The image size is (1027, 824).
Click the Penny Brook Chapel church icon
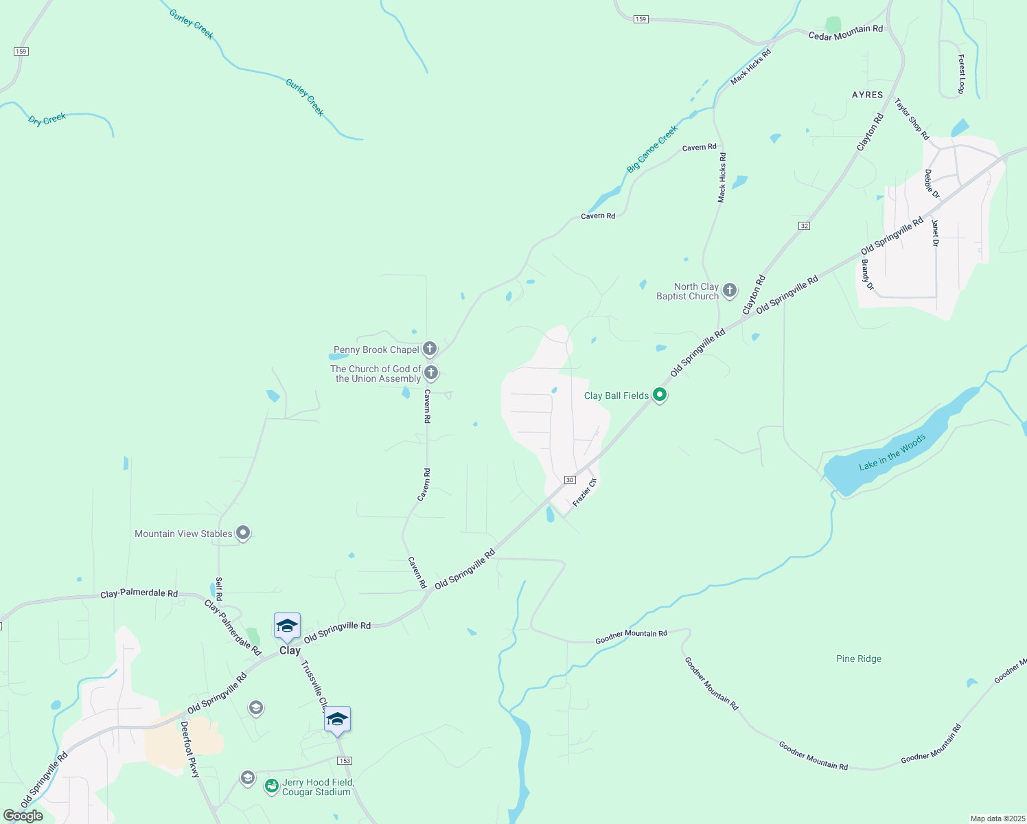coord(430,349)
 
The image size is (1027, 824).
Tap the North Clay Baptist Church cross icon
coord(729,290)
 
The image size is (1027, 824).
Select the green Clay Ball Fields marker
coord(660,395)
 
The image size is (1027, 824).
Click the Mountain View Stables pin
coord(242,533)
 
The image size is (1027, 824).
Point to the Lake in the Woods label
coord(892,452)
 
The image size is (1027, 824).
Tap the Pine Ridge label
coord(858,659)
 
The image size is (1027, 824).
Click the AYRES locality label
coord(867,95)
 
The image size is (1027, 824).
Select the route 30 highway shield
coord(570,479)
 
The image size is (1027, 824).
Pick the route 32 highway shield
coord(804,225)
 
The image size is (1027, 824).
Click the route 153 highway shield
coord(345,760)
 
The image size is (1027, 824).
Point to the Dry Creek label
coord(47,119)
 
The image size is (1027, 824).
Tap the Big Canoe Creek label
coord(651,148)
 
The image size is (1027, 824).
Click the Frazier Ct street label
coord(585,492)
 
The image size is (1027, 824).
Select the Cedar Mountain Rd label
coord(845,32)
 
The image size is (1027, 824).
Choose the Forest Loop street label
coord(961,74)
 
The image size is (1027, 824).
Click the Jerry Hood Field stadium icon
coord(272,785)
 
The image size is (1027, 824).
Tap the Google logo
coord(23,816)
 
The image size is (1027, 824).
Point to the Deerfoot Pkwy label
coord(189,749)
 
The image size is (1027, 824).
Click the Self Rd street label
coord(218,588)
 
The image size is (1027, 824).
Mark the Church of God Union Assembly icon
coord(431,373)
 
